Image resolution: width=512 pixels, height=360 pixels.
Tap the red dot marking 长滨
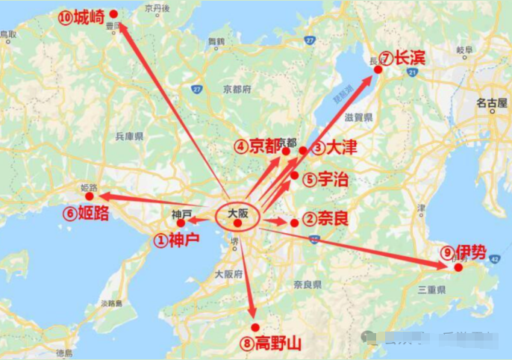tap(378, 69)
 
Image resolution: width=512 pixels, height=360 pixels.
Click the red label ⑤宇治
tap(325, 179)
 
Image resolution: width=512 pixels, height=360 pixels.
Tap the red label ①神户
tap(177, 240)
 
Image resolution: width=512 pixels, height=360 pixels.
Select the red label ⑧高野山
tap(271, 344)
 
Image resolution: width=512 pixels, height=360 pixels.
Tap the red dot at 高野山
tap(255, 327)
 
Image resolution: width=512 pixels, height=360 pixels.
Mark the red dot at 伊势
tap(458, 267)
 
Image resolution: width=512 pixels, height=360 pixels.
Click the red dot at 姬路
tap(90, 196)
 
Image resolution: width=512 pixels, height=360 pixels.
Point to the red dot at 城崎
tap(113, 13)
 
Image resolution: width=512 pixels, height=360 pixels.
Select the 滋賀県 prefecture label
tap(358, 117)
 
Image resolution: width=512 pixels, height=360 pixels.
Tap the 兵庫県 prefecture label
tap(129, 137)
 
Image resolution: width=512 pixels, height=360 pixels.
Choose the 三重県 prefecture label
tap(432, 289)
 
